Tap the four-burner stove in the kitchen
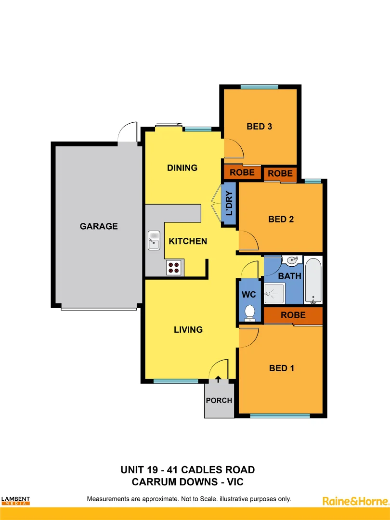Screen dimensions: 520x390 coord(174,267)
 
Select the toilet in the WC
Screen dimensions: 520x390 coord(250,312)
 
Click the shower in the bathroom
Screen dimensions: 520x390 coord(275,293)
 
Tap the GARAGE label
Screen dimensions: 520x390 coord(99,226)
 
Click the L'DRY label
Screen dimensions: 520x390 coord(229,203)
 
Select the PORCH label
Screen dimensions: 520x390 coord(219,400)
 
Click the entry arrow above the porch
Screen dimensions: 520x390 coord(219,379)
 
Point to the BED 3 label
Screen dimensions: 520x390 coord(260,127)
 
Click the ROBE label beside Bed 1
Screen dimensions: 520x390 coord(293,315)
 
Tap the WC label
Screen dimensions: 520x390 coord(249,294)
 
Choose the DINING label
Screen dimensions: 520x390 coord(182,168)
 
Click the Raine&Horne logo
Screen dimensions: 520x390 coord(355,501)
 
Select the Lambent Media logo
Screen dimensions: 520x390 coord(15,501)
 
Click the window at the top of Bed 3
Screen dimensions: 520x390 coord(259,87)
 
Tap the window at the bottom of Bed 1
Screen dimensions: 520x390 coord(280,416)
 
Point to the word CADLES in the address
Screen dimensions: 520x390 coord(196,469)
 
